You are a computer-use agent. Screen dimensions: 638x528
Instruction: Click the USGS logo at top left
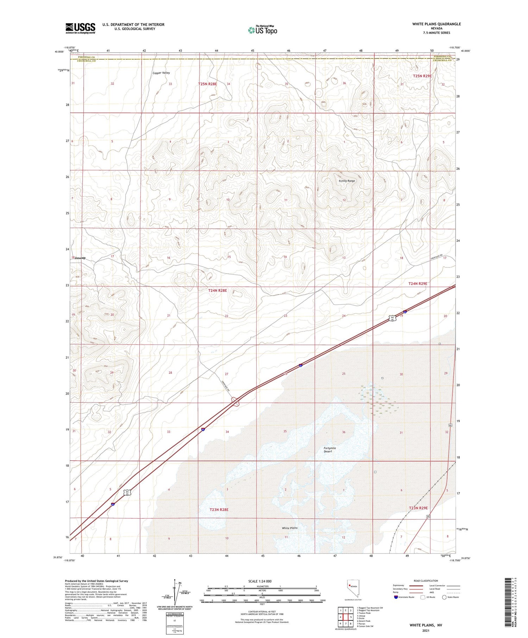pyautogui.click(x=80, y=28)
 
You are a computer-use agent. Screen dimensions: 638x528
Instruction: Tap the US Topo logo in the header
pyautogui.click(x=262, y=30)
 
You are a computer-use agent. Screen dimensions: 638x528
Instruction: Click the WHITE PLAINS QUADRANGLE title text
pyautogui.click(x=436, y=24)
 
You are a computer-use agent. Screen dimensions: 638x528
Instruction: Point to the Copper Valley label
pyautogui.click(x=161, y=73)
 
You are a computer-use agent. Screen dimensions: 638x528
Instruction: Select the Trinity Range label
pyautogui.click(x=347, y=181)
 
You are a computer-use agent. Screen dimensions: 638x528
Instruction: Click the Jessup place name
pyautogui.click(x=80, y=258)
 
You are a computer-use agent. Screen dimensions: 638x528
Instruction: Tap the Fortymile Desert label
pyautogui.click(x=329, y=449)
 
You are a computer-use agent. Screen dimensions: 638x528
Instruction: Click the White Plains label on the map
pyautogui.click(x=290, y=528)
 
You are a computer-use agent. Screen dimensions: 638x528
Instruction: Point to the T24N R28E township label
pyautogui.click(x=218, y=291)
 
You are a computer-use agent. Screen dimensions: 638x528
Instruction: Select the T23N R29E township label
pyautogui.click(x=418, y=508)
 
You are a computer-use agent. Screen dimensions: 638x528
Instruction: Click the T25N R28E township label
pyautogui.click(x=207, y=84)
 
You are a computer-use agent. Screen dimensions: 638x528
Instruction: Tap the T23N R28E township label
pyautogui.click(x=219, y=510)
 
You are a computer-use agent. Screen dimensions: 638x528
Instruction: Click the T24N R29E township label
pyautogui.click(x=417, y=284)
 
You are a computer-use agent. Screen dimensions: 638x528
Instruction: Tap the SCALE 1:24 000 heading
pyautogui.click(x=262, y=581)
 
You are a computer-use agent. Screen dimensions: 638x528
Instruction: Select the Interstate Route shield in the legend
pyautogui.click(x=396, y=597)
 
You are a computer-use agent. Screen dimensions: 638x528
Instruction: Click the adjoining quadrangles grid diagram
pyautogui.click(x=345, y=617)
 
